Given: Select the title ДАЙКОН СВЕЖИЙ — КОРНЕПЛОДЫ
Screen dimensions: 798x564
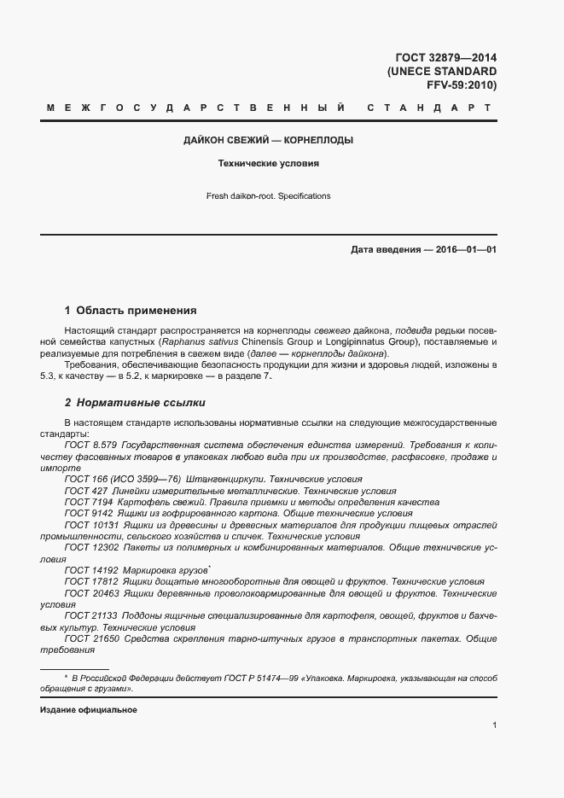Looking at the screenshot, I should click(268, 140).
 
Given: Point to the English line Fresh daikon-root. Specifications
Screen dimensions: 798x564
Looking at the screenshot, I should click(268, 196).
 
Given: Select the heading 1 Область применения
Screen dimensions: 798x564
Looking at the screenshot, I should click(131, 311).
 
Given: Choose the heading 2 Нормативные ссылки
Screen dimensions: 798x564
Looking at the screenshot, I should click(135, 402).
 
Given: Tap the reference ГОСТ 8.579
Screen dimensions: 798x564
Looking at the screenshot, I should click(90, 446).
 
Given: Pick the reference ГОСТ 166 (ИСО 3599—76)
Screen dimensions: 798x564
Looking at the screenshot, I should click(119, 480).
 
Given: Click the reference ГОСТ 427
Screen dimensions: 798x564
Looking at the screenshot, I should click(84, 492).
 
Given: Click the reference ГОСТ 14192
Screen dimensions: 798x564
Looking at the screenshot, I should click(90, 570).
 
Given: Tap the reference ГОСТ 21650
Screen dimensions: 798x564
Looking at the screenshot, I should click(90, 638).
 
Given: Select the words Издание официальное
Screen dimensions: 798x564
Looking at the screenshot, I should click(88, 710).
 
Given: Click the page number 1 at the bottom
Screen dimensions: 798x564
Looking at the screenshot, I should click(494, 725).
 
